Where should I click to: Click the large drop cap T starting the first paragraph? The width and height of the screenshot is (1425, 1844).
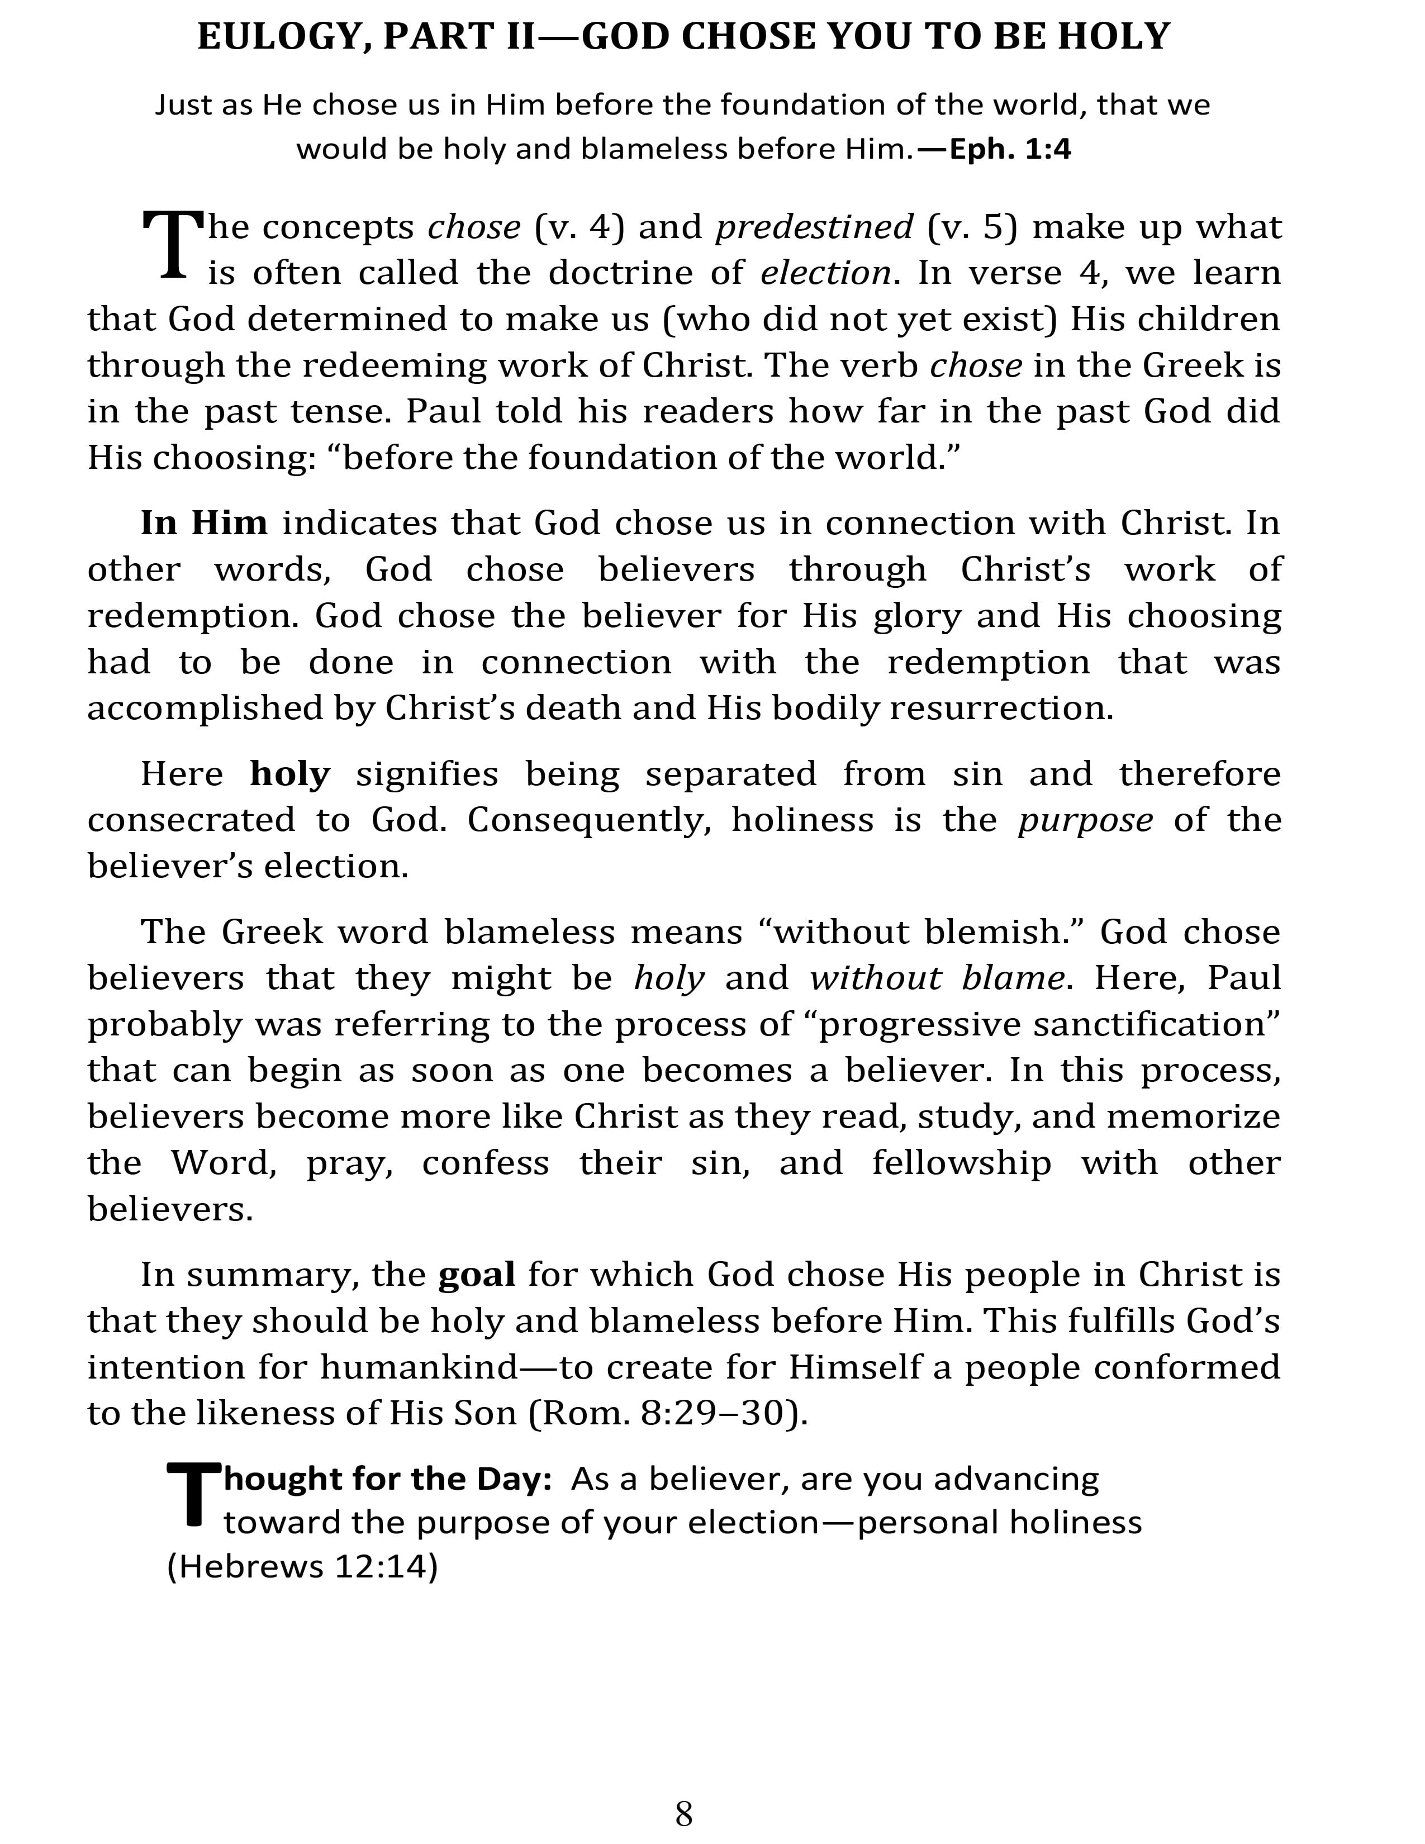(x=173, y=245)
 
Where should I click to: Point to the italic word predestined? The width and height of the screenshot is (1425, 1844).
(x=814, y=227)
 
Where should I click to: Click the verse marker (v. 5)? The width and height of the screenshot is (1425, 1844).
(x=972, y=227)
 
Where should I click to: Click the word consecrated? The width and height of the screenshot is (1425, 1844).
(x=191, y=820)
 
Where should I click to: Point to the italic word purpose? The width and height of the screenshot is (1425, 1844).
(x=1085, y=820)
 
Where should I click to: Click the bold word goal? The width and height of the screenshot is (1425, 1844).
(x=477, y=1274)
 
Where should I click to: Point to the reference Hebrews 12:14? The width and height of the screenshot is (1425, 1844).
(x=302, y=1567)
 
